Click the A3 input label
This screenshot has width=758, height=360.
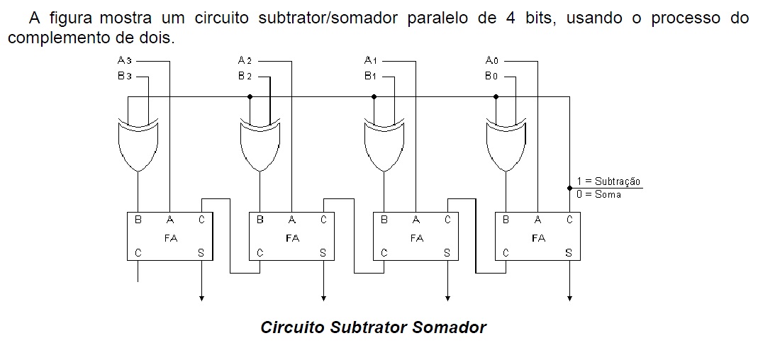(x=125, y=61)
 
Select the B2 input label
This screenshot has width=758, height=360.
(x=245, y=76)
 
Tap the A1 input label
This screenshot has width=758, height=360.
(x=370, y=61)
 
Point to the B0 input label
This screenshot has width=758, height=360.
(x=491, y=76)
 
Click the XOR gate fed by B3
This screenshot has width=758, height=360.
(x=138, y=145)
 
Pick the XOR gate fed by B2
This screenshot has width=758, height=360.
(x=260, y=145)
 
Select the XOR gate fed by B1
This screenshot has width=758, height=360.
(x=384, y=145)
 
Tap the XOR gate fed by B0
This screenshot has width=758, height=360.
(x=506, y=145)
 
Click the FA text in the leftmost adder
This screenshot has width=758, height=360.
(x=170, y=238)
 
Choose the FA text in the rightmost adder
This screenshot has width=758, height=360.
(x=538, y=238)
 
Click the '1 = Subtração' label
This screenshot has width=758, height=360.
(x=608, y=182)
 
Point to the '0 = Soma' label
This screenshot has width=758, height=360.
(x=598, y=194)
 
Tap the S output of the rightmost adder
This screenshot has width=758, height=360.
(x=569, y=252)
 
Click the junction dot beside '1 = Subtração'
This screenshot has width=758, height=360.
(x=569, y=188)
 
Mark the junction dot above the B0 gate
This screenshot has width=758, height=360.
(x=496, y=96)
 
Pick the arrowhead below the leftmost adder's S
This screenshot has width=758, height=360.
(x=202, y=298)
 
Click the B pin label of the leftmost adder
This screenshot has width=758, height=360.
(x=138, y=220)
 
